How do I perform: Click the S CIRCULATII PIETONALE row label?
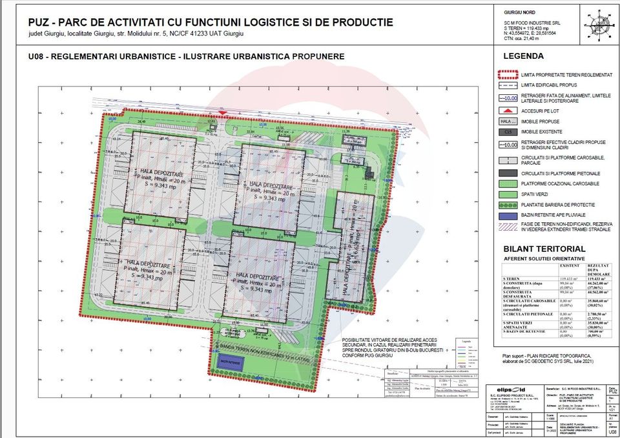point(527,314)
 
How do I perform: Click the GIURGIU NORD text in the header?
point(517,13)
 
